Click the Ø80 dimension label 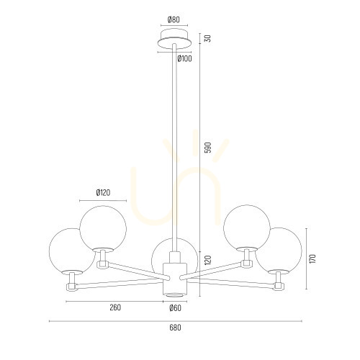click(x=174, y=19)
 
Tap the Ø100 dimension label click(x=185, y=58)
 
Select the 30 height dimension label click(x=209, y=38)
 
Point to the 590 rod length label click(x=209, y=148)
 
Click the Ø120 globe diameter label click(x=103, y=192)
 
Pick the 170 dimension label click(x=313, y=258)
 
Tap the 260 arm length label click(x=115, y=307)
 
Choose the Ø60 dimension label click(x=175, y=308)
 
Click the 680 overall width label click(x=175, y=328)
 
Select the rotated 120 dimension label click(x=209, y=260)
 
